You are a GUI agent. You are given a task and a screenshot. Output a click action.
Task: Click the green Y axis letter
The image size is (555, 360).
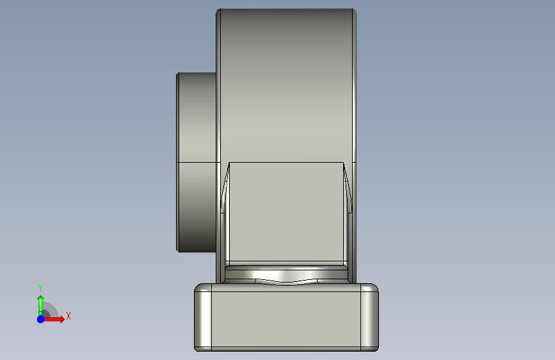(x=40, y=288)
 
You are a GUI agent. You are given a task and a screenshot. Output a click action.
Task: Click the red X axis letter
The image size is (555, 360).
(x=68, y=316)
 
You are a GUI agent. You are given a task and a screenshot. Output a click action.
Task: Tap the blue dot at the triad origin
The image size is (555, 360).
(x=41, y=319)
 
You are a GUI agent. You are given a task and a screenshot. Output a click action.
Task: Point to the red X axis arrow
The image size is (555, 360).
(x=53, y=319)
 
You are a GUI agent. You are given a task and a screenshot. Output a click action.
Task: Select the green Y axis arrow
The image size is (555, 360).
(x=41, y=306)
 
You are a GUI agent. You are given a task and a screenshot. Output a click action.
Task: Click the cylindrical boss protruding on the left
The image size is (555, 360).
(x=197, y=162)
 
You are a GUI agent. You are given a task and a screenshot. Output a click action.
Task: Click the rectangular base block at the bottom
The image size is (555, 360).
(x=286, y=317)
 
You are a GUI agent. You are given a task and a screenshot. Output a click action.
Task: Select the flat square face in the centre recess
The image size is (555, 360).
(x=286, y=212)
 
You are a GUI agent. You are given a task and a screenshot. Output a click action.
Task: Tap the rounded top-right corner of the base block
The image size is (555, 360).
(x=375, y=286)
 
